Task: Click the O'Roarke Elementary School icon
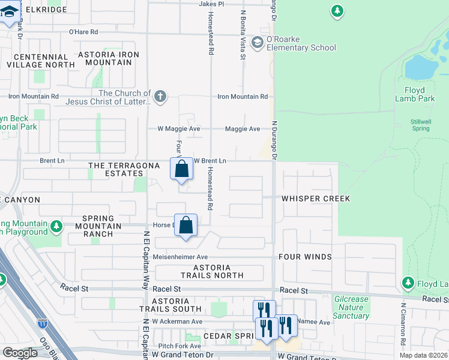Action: [x=258, y=42]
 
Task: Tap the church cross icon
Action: [x=160, y=97]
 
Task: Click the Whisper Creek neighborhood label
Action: [x=316, y=198]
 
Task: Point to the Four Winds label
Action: [x=305, y=257]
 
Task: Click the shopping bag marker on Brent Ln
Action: [x=182, y=169]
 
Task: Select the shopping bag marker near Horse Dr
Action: [x=186, y=226]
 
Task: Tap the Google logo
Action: [x=20, y=353]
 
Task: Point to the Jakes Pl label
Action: [x=211, y=4]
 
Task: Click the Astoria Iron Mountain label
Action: [x=109, y=58]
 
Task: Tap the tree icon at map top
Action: [x=338, y=11]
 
